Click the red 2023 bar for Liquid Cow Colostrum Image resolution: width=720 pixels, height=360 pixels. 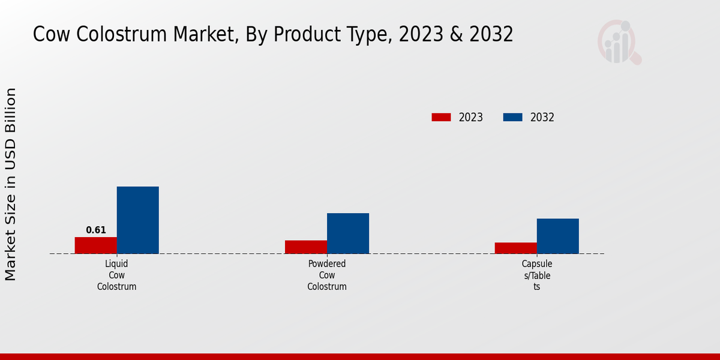96,245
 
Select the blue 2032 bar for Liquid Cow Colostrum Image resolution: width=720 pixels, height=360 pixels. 138,220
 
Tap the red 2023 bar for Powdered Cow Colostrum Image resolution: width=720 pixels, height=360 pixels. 306,247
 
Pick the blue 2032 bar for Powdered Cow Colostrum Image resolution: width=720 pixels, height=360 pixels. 348,233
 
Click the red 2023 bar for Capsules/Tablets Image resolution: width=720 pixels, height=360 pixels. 516,248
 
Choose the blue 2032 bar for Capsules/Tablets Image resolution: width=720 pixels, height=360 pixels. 558,236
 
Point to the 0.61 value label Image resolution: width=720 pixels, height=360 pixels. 96,230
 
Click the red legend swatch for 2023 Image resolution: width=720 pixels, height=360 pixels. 441,118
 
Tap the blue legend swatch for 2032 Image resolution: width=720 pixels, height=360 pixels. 512,118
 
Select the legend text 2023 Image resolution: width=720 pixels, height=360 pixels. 471,118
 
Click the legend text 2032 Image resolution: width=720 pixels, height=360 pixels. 542,118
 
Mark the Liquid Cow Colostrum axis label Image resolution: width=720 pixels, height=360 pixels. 117,275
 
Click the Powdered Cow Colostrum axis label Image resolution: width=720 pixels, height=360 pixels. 327,275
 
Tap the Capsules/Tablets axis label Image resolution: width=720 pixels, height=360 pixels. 537,275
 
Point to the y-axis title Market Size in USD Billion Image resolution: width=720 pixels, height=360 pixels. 11,184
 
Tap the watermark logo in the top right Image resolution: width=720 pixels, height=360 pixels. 619,42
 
